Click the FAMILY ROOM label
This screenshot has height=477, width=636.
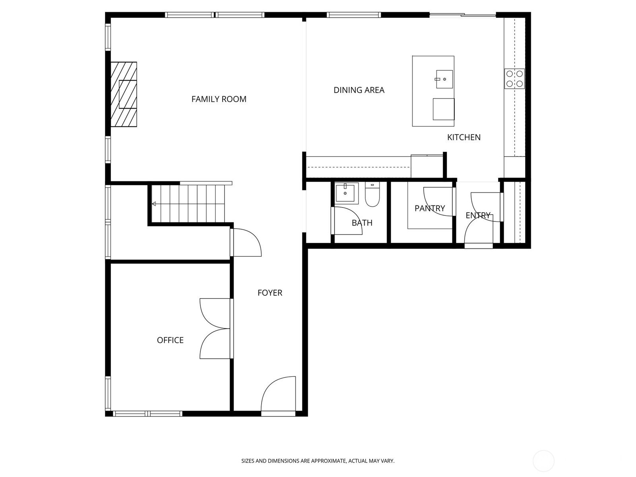[219, 99]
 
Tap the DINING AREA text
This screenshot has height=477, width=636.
[359, 90]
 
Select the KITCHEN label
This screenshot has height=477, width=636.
[464, 137]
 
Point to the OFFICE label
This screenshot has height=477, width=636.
[170, 340]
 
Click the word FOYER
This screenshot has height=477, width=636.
[270, 293]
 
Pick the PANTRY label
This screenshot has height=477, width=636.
[430, 208]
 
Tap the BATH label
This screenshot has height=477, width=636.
[362, 223]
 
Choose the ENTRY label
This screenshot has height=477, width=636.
[478, 215]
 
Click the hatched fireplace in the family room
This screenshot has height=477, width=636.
[124, 94]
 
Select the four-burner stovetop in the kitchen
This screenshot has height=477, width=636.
[514, 78]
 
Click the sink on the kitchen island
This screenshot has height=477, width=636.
[444, 79]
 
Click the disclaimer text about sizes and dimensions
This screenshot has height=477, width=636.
[318, 461]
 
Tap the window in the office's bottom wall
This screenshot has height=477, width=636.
[147, 413]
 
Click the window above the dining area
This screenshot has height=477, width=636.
[354, 15]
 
